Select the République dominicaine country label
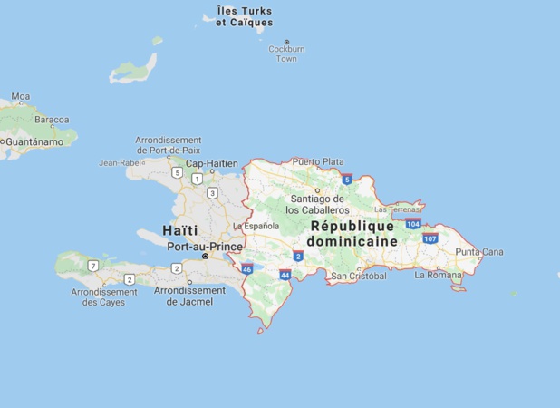click(352, 234)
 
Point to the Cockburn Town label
click(286, 53)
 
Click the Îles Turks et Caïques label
click(245, 17)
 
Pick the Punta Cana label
click(479, 251)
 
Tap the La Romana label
click(437, 274)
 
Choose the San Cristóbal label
click(359, 276)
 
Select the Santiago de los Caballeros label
click(315, 204)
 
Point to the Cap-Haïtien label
click(211, 164)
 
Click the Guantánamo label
click(34, 141)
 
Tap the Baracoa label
click(52, 119)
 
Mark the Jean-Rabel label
click(121, 163)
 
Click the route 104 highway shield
click(413, 223)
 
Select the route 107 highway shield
click(430, 238)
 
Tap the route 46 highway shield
click(247, 268)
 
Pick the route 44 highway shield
click(285, 274)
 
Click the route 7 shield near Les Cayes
click(92, 266)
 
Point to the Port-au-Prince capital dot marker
click(205, 257)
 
